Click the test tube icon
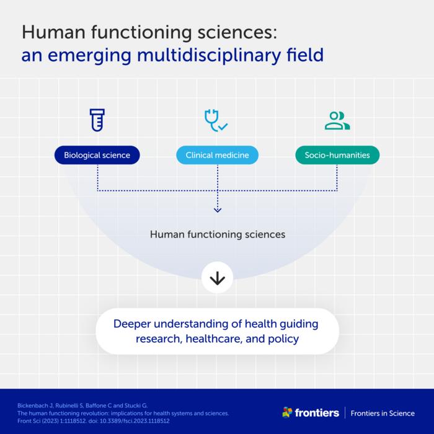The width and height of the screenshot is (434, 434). [x=97, y=120]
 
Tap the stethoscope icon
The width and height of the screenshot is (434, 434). [x=216, y=120]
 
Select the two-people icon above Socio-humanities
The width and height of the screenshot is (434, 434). [x=337, y=120]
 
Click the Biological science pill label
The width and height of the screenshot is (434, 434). [x=97, y=155]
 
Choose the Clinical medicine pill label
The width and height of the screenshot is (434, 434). [x=217, y=155]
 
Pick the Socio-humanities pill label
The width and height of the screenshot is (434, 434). [x=337, y=155]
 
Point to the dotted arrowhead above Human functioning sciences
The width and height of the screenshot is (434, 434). [x=217, y=210]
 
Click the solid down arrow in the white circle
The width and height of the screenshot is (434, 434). [x=217, y=278]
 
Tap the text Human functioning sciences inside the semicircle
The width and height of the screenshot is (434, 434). [x=217, y=235]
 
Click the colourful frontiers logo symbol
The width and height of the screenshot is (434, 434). [x=287, y=412]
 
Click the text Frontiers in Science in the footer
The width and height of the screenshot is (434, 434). [x=383, y=413]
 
